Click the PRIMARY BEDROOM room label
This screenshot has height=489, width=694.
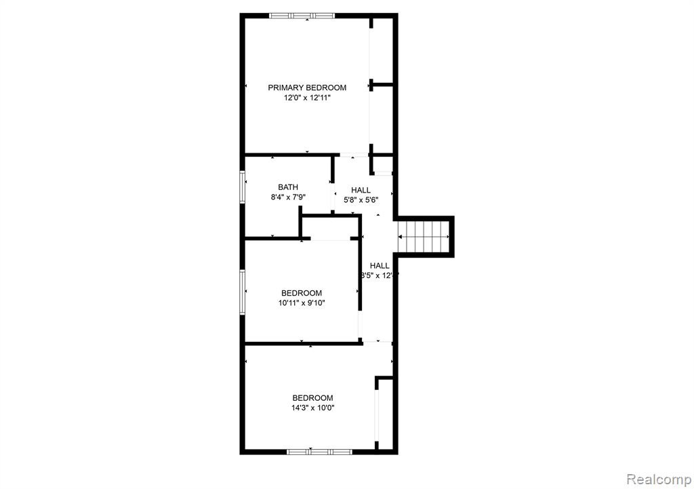[307, 87]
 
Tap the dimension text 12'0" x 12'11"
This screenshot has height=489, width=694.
[307, 98]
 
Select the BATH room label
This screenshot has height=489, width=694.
[288, 187]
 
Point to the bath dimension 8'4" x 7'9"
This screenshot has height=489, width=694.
[288, 198]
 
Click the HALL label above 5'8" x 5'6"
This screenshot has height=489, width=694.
[361, 190]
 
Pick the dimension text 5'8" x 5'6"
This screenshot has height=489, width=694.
[361, 200]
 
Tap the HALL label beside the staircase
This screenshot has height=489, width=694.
[380, 265]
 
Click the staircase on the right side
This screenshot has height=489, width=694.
[425, 236]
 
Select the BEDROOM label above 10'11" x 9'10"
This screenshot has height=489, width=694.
[302, 293]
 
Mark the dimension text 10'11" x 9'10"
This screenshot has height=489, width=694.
[302, 303]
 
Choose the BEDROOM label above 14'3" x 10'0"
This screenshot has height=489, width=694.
[312, 398]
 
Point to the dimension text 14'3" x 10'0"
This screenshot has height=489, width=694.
[312, 408]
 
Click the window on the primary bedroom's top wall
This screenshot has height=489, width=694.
[302, 15]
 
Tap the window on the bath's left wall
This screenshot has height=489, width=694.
[242, 186]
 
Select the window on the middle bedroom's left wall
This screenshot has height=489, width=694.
[242, 292]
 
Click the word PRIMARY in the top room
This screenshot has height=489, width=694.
[285, 87]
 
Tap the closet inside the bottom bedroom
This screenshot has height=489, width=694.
[384, 414]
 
